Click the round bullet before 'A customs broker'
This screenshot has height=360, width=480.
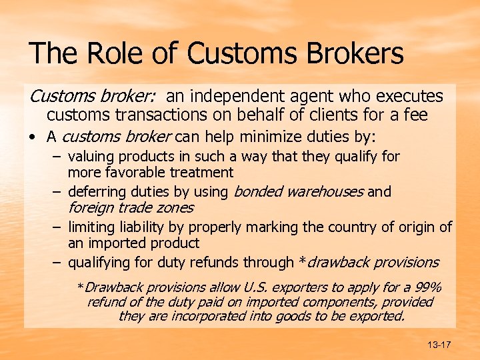click(x=33, y=138)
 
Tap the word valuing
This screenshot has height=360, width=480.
click(x=91, y=157)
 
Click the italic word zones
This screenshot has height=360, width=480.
click(x=174, y=208)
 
